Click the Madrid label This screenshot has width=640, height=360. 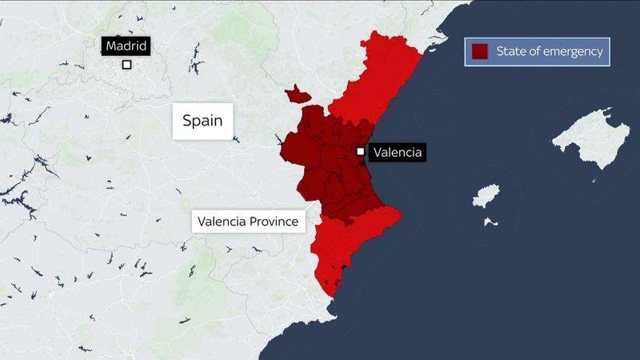[x=126, y=46]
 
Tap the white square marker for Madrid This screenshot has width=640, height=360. [x=126, y=66]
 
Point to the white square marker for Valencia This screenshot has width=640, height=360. [x=361, y=151]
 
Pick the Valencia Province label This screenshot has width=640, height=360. [x=249, y=221]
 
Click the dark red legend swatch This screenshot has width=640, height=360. [x=480, y=53]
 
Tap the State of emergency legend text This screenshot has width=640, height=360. [x=548, y=53]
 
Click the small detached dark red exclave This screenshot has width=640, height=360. [x=297, y=95]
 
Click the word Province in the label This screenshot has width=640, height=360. [x=274, y=221]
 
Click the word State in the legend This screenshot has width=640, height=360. [x=510, y=53]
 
